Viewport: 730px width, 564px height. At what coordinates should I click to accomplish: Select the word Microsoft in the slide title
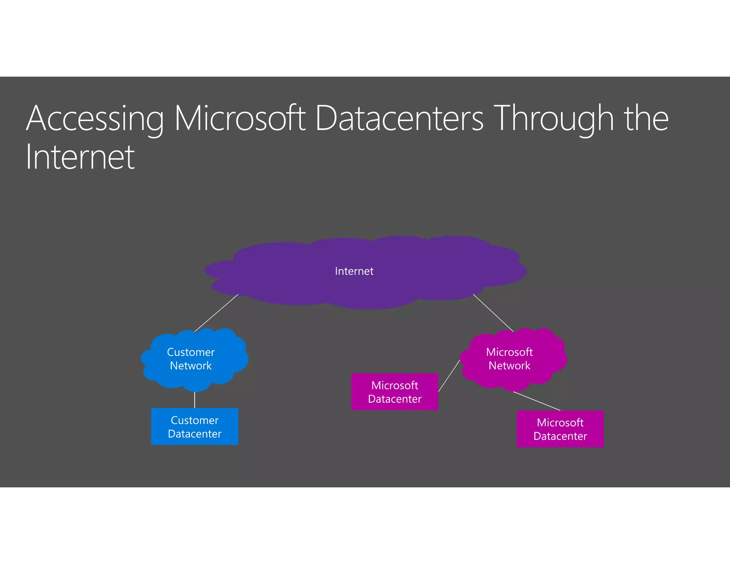click(240, 119)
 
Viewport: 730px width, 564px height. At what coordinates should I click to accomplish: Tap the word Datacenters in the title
click(399, 119)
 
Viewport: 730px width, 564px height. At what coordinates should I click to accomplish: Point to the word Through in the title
click(555, 119)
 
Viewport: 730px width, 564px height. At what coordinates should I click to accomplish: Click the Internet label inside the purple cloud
click(354, 271)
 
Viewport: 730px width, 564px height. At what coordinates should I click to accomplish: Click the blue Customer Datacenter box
click(195, 426)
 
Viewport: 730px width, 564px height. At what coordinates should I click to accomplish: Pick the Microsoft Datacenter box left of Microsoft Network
click(395, 392)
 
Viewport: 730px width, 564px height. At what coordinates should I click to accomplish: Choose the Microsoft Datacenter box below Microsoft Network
click(560, 429)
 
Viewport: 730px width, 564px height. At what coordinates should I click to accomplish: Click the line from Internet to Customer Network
click(216, 313)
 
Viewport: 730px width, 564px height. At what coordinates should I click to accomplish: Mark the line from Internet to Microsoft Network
click(493, 313)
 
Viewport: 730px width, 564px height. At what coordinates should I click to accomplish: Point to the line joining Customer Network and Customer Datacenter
click(195, 400)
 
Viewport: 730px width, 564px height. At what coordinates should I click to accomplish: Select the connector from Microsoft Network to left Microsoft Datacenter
click(449, 376)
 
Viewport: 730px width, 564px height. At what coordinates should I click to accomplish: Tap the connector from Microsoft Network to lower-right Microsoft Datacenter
click(537, 401)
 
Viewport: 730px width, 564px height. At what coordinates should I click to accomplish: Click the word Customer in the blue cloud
click(191, 352)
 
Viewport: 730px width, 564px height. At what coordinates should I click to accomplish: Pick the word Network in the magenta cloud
click(509, 366)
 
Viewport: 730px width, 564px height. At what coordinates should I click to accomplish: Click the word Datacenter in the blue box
click(195, 434)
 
